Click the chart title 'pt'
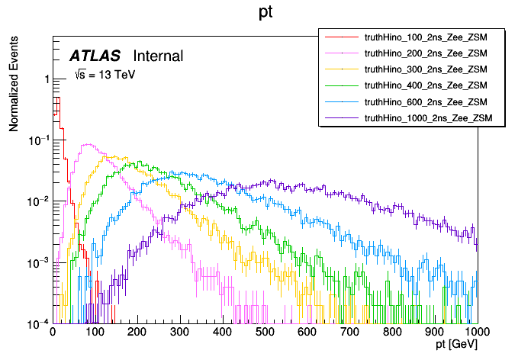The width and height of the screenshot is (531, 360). click(x=265, y=14)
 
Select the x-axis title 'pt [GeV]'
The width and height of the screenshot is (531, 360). click(x=456, y=346)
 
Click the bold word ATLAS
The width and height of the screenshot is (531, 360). click(x=96, y=56)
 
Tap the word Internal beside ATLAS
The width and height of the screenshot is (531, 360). click(x=158, y=56)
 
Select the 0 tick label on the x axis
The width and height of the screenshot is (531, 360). click(x=53, y=333)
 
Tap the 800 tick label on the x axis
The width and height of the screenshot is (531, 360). click(x=393, y=333)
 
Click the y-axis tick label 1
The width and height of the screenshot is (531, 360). click(x=47, y=80)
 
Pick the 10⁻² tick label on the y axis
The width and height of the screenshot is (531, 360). click(x=39, y=201)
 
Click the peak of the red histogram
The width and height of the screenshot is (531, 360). click(x=56, y=98)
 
